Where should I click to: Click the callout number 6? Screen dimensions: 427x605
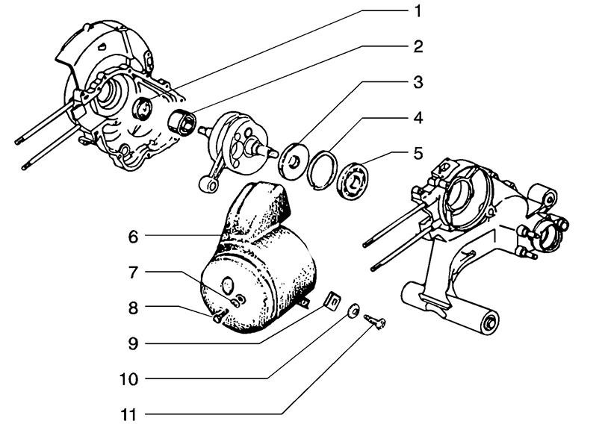point(132,237)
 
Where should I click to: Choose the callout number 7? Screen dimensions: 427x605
point(132,272)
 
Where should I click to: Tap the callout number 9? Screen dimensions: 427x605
point(132,343)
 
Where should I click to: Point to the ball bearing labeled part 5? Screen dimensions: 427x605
point(354,178)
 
